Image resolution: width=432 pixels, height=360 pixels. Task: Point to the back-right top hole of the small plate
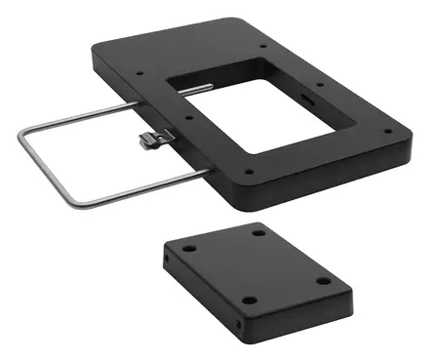coord(259,231)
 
